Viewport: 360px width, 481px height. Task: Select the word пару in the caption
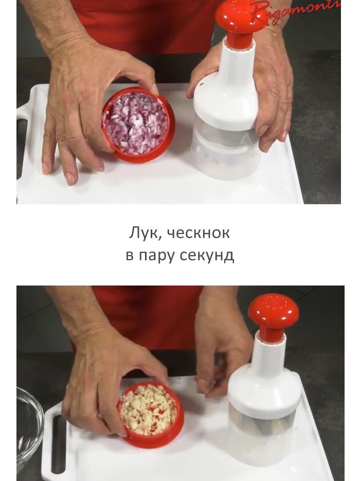coord(156,255)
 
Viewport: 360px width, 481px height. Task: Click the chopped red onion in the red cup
coord(135,123)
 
